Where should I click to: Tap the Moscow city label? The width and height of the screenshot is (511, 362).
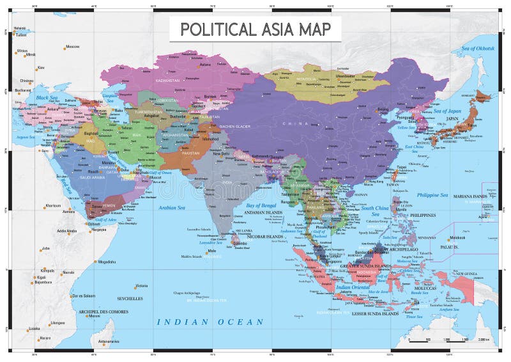(x=73, y=47)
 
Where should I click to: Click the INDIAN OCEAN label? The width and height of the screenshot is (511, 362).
(x=210, y=322)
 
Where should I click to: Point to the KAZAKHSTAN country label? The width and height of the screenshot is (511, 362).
(x=171, y=82)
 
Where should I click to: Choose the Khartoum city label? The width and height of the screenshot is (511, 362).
(x=53, y=205)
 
